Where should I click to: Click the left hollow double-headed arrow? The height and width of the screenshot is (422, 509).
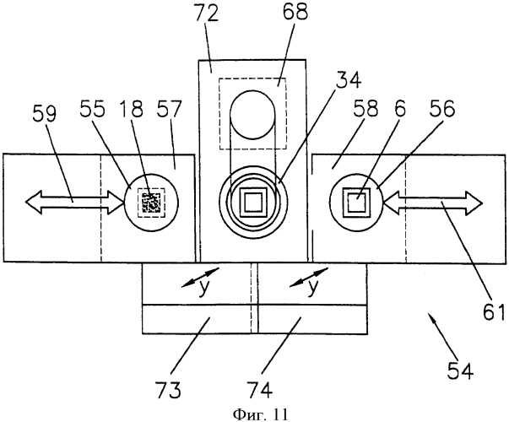pos(73,201)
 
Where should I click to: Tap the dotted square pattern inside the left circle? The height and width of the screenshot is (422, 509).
pos(152,203)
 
